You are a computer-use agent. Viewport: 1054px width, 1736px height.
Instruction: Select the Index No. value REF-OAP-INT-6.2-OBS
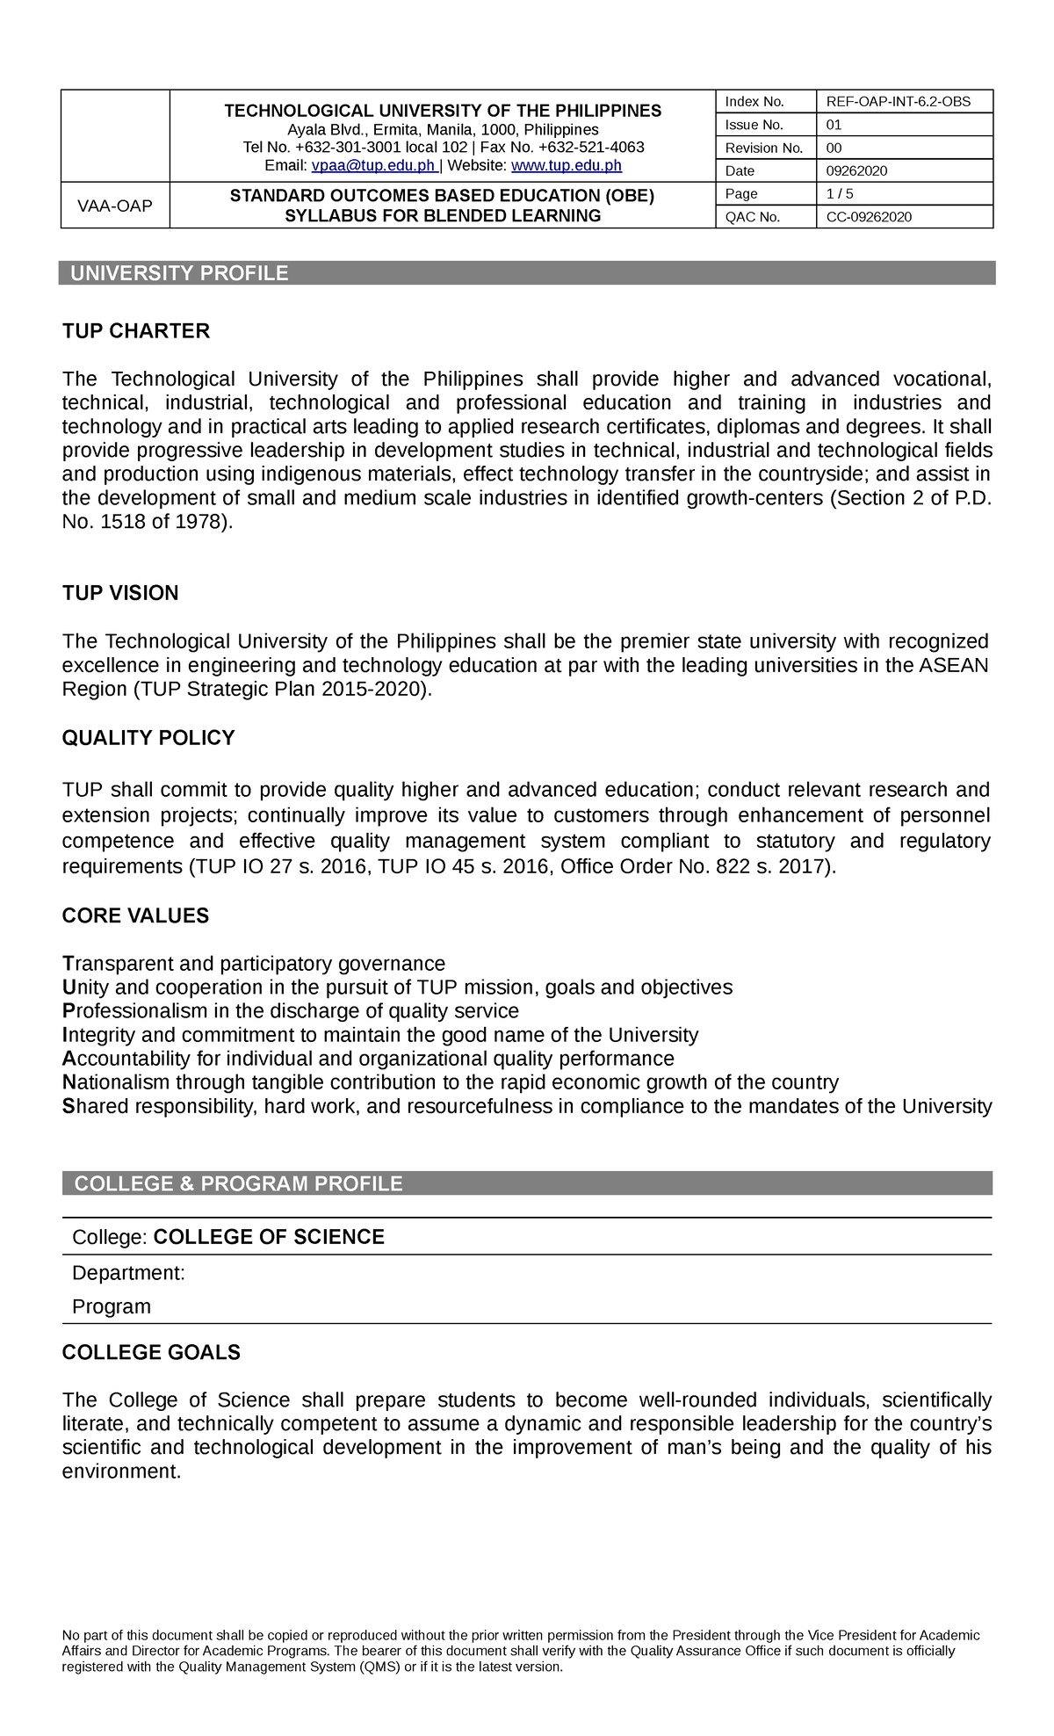pyautogui.click(x=898, y=102)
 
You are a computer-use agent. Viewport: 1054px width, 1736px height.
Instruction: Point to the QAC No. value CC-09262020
pyautogui.click(x=869, y=217)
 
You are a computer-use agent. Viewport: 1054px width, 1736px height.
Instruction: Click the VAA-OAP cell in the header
pyautogui.click(x=115, y=206)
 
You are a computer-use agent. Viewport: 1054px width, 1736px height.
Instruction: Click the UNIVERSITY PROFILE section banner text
pyautogui.click(x=179, y=273)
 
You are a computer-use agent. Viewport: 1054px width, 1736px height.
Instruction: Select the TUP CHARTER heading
pyautogui.click(x=136, y=331)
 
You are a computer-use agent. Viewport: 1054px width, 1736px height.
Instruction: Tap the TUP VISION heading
pyautogui.click(x=120, y=593)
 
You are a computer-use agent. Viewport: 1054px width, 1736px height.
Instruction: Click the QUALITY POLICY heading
pyautogui.click(x=148, y=738)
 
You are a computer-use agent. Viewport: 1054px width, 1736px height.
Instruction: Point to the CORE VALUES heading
pyautogui.click(x=135, y=916)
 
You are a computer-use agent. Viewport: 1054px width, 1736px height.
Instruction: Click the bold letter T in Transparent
pyautogui.click(x=67, y=964)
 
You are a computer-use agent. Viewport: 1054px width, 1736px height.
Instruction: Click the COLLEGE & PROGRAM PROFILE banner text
pyautogui.click(x=238, y=1183)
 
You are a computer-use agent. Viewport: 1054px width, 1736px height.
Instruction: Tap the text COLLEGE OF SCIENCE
pyautogui.click(x=269, y=1237)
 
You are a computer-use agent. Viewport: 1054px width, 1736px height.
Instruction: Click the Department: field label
pyautogui.click(x=128, y=1273)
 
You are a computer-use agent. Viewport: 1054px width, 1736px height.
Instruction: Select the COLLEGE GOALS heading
pyautogui.click(x=151, y=1353)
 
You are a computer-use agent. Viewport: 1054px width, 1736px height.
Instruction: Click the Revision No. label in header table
pyautogui.click(x=763, y=148)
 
